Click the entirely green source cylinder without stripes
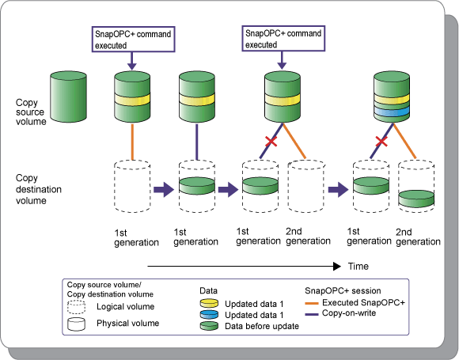[69, 97]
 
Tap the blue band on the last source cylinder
[392, 112]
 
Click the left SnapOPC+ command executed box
[134, 40]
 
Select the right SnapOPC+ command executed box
[283, 39]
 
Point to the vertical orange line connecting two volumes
[133, 142]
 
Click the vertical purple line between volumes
[197, 142]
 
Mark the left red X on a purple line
[271, 142]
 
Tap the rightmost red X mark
[381, 142]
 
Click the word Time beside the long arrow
[358, 267]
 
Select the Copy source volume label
[31, 112]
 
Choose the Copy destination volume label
[38, 189]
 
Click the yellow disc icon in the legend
[209, 303]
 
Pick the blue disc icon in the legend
[209, 314]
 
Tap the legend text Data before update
[262, 326]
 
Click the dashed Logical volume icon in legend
[76, 307]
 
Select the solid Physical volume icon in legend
[76, 324]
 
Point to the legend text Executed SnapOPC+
[363, 302]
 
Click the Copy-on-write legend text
[349, 313]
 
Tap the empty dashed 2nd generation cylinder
[306, 186]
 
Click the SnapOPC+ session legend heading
[343, 290]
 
